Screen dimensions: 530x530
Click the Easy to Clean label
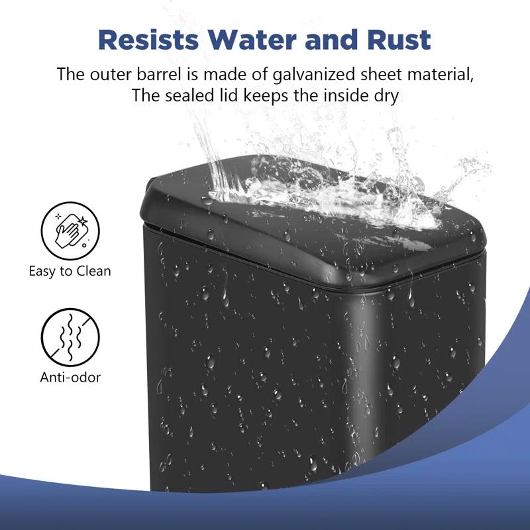click(x=70, y=270)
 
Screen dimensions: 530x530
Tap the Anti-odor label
click(x=70, y=378)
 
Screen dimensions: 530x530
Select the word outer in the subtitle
click(x=111, y=74)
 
